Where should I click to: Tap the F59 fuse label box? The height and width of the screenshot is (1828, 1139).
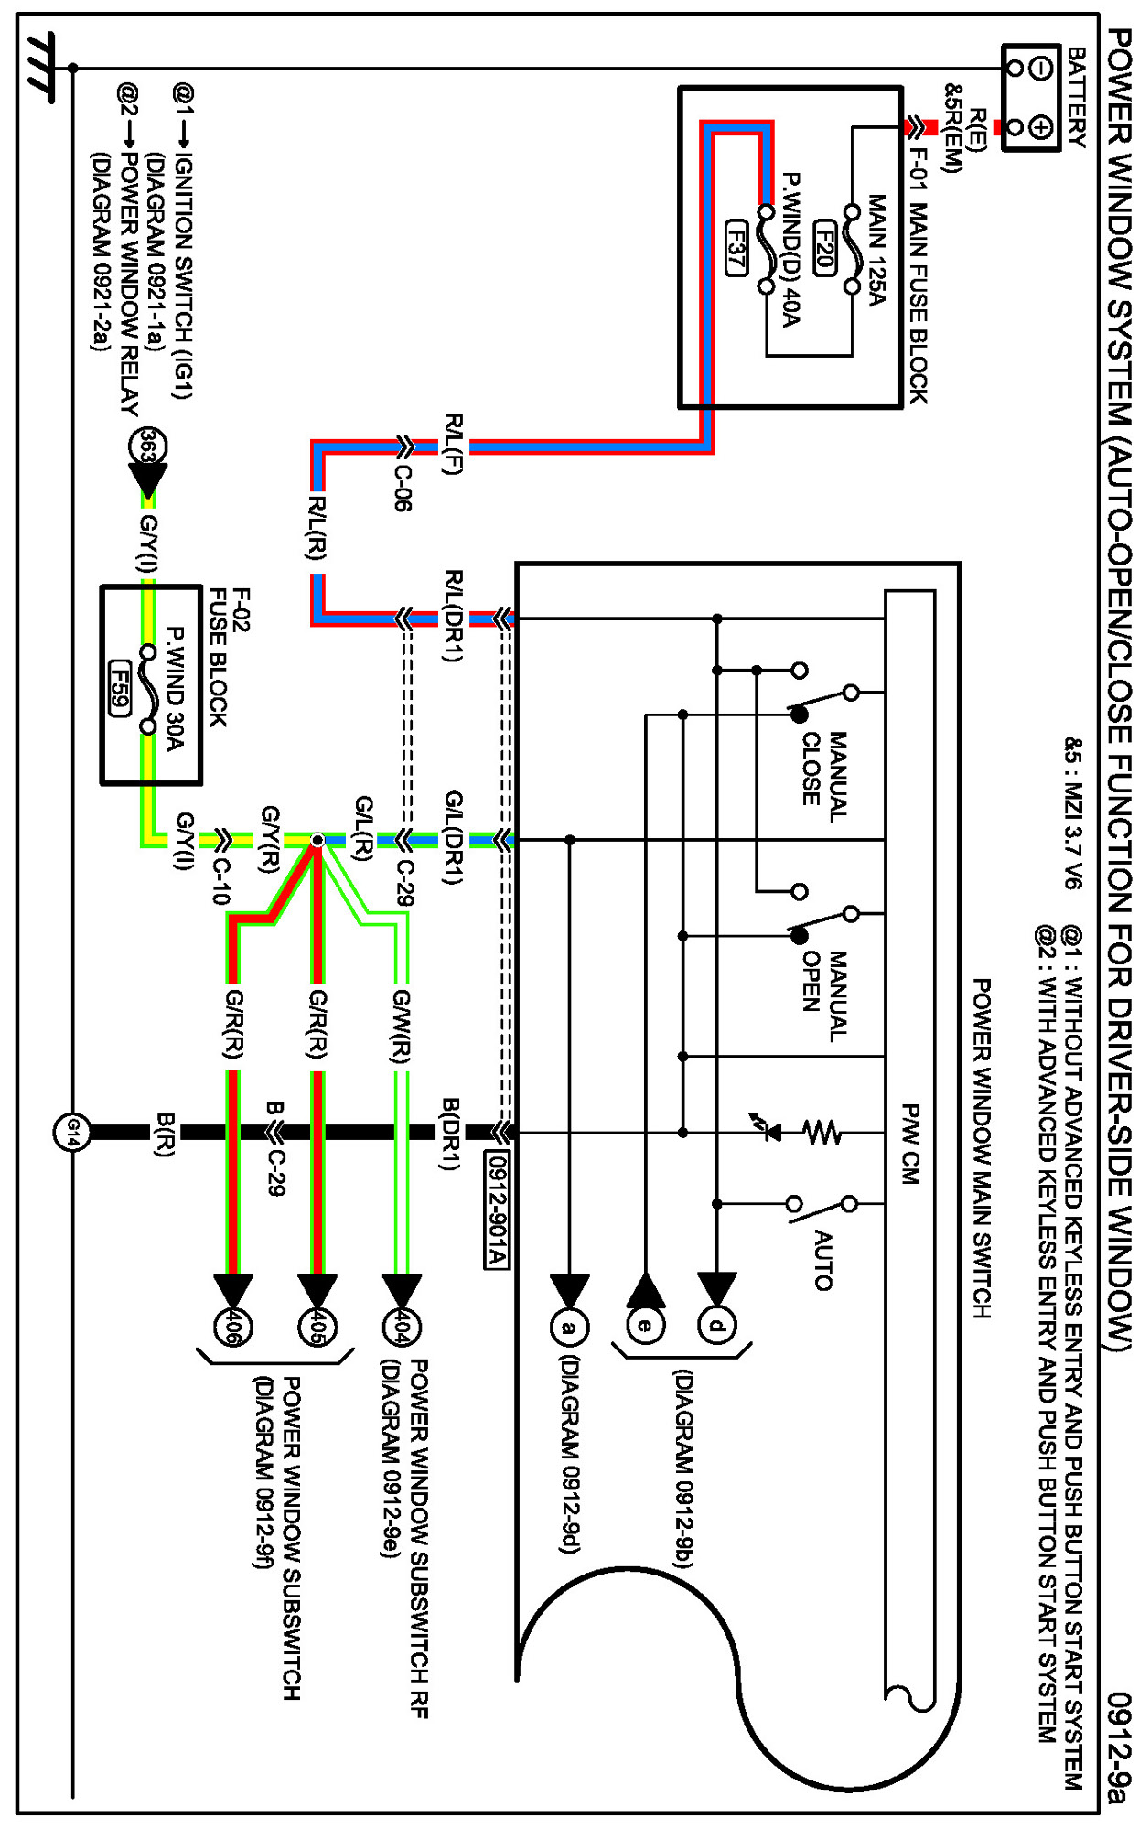point(119,688)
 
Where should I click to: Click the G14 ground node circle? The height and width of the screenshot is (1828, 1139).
point(71,1133)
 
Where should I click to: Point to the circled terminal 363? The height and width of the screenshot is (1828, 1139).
point(148,446)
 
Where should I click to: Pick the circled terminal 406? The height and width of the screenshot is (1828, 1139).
point(232,1327)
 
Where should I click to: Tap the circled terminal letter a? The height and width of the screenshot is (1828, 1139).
point(569,1327)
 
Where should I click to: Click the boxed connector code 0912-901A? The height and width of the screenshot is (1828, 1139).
point(496,1210)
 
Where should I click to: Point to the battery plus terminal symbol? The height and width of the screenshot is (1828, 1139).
point(1040,126)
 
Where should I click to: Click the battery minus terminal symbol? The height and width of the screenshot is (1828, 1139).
point(1040,69)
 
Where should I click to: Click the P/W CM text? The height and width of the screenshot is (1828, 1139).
point(910,1144)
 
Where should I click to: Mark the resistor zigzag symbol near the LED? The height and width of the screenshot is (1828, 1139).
point(822,1133)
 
